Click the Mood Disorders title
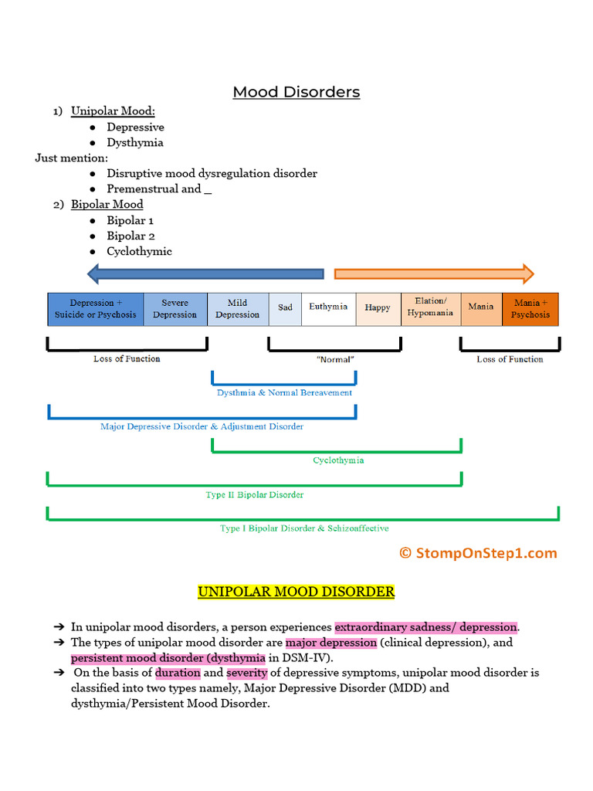point(296,92)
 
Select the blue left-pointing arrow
point(205,273)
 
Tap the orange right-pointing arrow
point(433,273)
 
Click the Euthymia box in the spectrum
point(328,307)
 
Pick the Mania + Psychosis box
point(530,309)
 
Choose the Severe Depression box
point(175,309)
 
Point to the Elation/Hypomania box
point(430,307)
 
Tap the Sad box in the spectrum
point(285,307)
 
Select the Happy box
point(378,307)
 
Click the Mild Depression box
point(238,309)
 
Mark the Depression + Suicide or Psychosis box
point(95,309)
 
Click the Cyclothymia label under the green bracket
point(338,460)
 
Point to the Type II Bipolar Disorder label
point(254,494)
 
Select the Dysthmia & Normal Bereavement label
point(284,392)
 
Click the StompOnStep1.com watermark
point(478,553)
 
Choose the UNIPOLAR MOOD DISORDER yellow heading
point(296,592)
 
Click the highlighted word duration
point(178,673)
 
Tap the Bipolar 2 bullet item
point(130,236)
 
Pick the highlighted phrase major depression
point(330,643)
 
